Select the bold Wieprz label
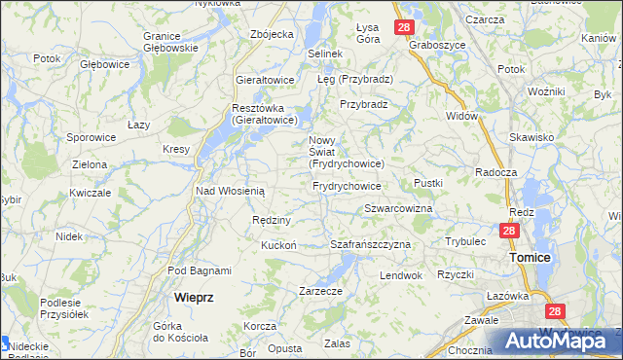point(194,296)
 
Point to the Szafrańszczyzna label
point(370,244)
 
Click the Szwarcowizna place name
point(398,209)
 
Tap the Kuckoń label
point(278,245)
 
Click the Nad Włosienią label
point(230,192)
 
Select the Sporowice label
point(92,138)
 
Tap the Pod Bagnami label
point(200,270)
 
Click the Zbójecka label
point(272,34)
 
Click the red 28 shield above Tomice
point(509,231)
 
